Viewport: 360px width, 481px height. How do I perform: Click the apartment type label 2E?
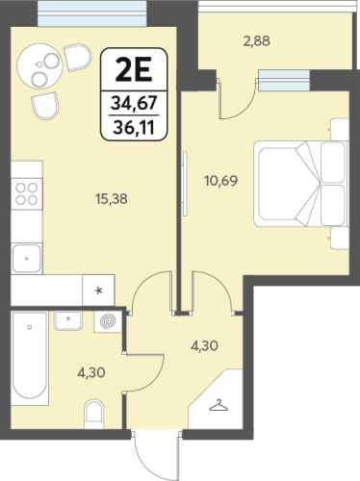click(134, 70)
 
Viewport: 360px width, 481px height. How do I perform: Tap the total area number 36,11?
click(134, 128)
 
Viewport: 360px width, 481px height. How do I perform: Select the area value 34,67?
click(134, 103)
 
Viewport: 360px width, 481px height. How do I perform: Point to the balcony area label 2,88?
click(256, 41)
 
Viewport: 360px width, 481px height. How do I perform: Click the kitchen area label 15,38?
click(111, 199)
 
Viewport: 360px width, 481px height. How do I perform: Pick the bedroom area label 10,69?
click(221, 181)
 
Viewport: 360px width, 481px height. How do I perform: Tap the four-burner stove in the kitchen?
click(27, 193)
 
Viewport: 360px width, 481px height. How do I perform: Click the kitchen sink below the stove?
click(27, 259)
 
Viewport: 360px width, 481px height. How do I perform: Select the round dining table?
click(39, 66)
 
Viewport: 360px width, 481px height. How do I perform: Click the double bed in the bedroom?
click(301, 184)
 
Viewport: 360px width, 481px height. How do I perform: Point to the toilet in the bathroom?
click(93, 414)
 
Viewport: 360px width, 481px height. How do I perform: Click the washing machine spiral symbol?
click(108, 321)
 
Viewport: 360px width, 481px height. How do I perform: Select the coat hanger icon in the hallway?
click(219, 405)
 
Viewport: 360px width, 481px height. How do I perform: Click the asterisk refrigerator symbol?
click(98, 291)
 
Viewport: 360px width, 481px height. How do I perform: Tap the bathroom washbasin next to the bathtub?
click(68, 320)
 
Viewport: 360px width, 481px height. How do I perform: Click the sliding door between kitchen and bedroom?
click(185, 184)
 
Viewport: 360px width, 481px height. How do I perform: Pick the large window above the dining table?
click(92, 13)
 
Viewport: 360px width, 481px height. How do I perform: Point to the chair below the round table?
click(45, 106)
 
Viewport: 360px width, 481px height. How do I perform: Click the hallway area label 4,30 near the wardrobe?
click(204, 345)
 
